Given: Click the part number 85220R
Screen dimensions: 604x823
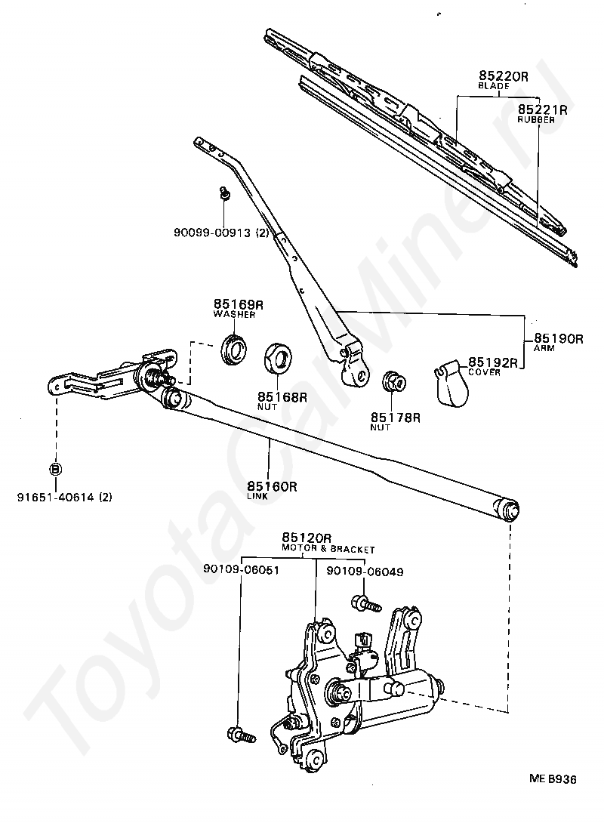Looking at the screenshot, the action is [x=504, y=76].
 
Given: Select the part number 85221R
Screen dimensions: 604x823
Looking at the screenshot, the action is [x=543, y=109].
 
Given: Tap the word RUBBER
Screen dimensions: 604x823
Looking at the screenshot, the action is [x=536, y=119].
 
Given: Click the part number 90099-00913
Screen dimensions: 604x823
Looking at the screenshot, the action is [x=212, y=232].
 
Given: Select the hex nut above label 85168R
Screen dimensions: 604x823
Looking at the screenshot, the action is [x=278, y=357].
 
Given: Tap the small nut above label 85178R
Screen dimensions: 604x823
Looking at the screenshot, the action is [x=395, y=381].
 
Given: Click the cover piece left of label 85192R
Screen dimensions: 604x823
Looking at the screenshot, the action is [x=451, y=384].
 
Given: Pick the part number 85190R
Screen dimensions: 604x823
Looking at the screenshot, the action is [x=559, y=338].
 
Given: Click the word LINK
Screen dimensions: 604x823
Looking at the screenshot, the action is [x=257, y=496].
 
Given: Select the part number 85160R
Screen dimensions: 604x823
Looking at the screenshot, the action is [x=272, y=486].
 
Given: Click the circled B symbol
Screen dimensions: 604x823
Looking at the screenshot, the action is [x=56, y=469].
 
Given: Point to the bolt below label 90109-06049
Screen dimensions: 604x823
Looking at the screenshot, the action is [x=366, y=603].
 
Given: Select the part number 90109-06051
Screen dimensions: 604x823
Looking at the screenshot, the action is [x=242, y=569].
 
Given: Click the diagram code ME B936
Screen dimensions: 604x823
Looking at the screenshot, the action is [x=553, y=779].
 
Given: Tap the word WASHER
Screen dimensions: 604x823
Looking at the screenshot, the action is [x=234, y=314].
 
